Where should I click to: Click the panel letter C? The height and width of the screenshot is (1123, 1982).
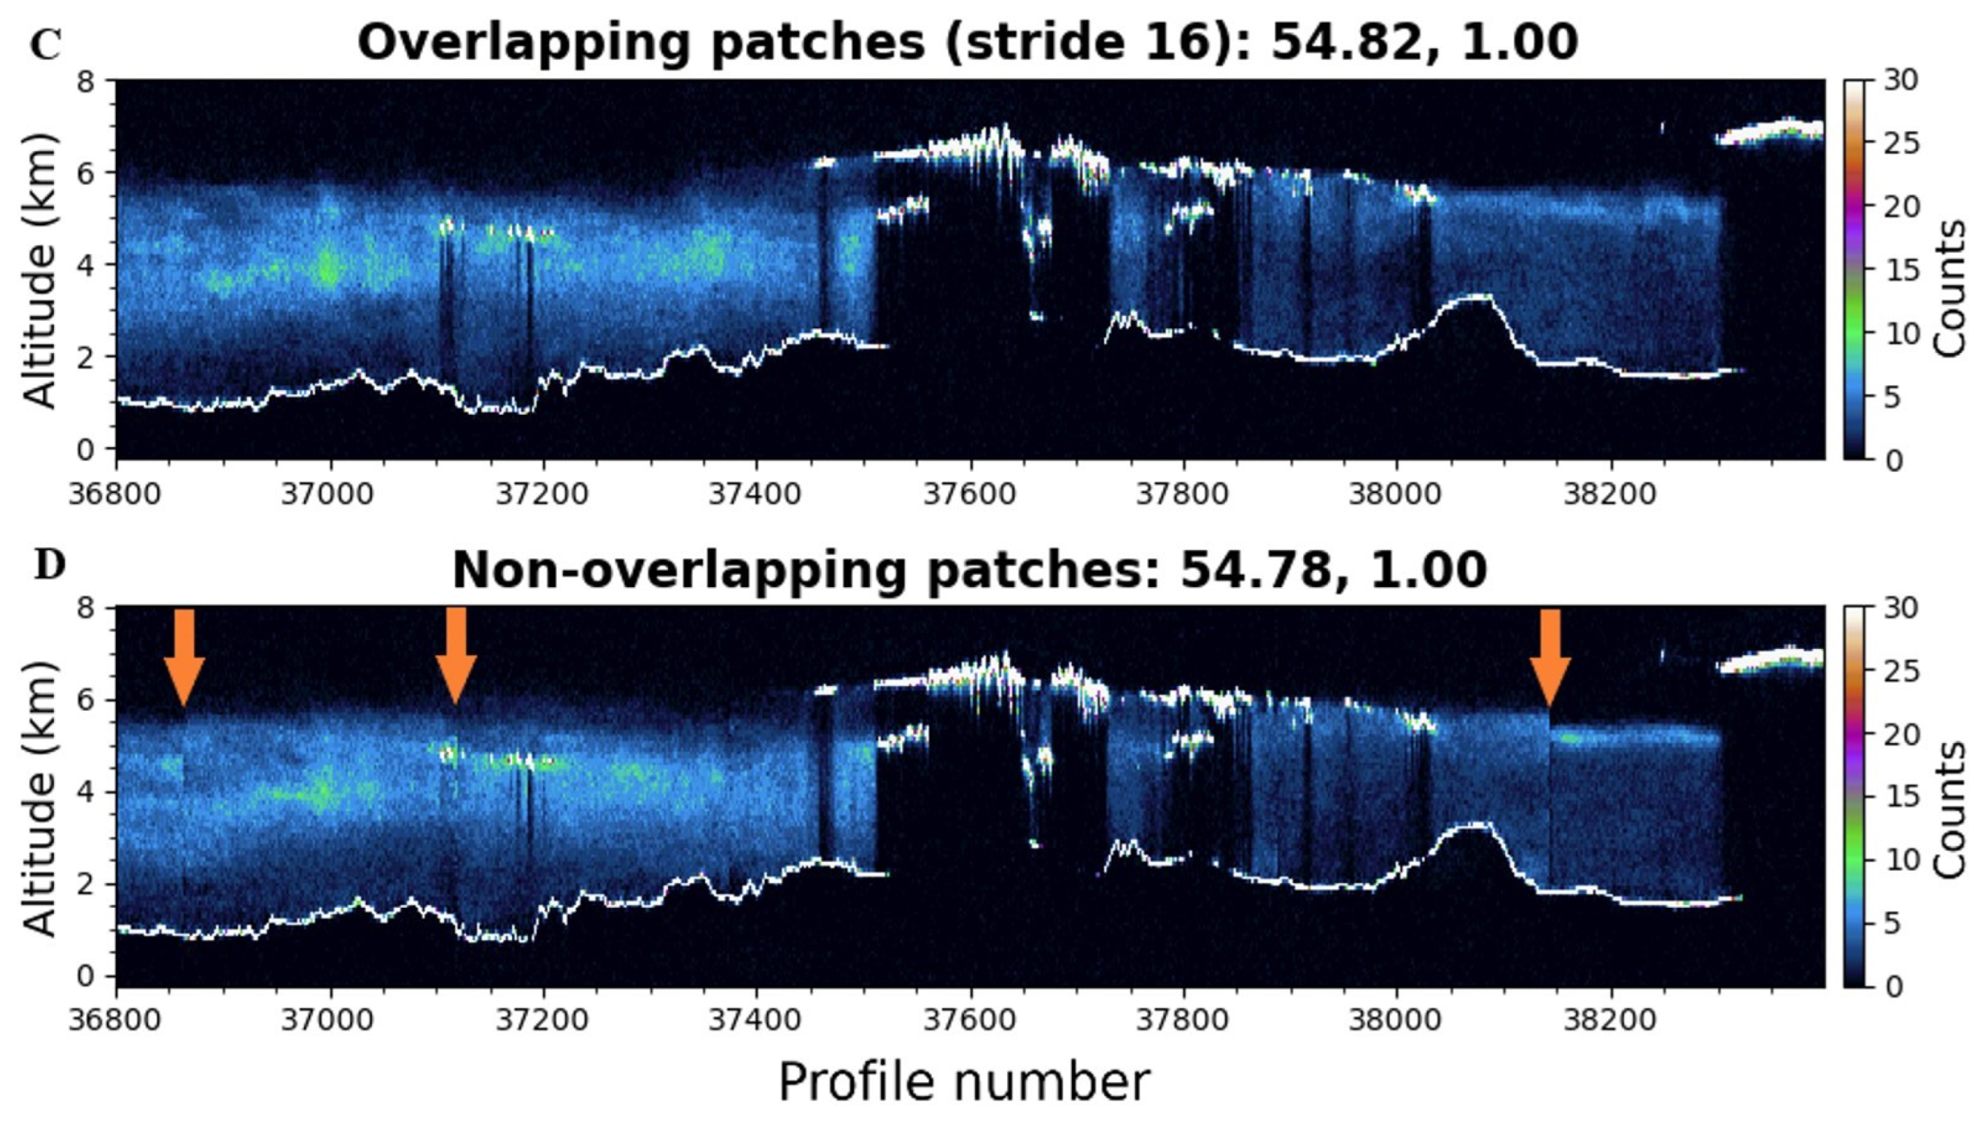[45, 46]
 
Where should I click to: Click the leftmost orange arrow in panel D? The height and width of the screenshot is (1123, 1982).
[184, 656]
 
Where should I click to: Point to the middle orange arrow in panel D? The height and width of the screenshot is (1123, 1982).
[456, 656]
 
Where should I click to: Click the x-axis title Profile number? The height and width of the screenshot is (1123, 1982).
[963, 1082]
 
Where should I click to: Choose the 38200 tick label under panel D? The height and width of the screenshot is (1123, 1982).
[1609, 1020]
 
